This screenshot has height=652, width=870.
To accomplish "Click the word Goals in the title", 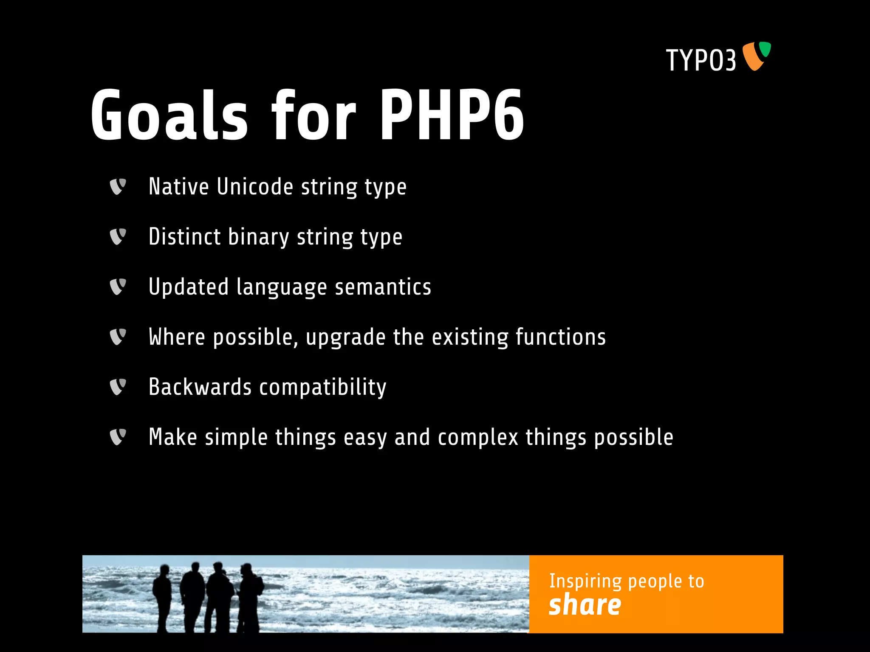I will (169, 115).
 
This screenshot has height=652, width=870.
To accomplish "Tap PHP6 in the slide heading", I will (452, 115).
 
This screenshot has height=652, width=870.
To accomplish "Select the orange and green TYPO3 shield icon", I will (757, 56).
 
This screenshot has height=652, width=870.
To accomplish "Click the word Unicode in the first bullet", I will (255, 187).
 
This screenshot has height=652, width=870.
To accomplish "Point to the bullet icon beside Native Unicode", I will (118, 187).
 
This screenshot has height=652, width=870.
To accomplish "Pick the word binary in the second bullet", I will (258, 237).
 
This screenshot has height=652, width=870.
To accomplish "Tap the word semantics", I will (383, 287).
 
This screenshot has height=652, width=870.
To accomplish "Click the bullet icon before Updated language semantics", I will (118, 287).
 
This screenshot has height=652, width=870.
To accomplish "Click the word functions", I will (561, 337).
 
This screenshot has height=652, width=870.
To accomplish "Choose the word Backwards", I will (200, 387).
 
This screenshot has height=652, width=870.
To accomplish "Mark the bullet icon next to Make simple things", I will (118, 437).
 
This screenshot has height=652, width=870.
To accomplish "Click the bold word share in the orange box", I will (585, 605).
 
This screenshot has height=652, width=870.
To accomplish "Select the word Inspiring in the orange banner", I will (585, 582).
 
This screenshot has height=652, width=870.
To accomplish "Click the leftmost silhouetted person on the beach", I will (162, 596).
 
